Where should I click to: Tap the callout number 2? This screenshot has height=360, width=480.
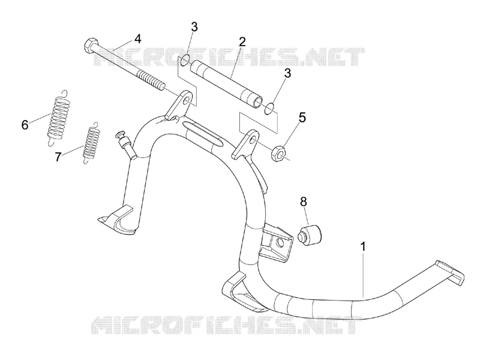pyautogui.click(x=242, y=42)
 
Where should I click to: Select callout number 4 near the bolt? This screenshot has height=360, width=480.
pyautogui.click(x=138, y=38)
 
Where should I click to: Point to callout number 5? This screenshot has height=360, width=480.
pyautogui.click(x=302, y=117)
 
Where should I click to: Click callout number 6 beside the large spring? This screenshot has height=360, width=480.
pyautogui.click(x=25, y=125)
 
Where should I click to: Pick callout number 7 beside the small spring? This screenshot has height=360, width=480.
pyautogui.click(x=58, y=157)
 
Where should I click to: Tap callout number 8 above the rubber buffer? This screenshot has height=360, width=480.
pyautogui.click(x=303, y=202)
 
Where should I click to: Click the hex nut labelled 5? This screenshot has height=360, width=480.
pyautogui.click(x=278, y=154)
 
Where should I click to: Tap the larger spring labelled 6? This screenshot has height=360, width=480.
pyautogui.click(x=59, y=117)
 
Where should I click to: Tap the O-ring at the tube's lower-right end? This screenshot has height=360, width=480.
pyautogui.click(x=269, y=109)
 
